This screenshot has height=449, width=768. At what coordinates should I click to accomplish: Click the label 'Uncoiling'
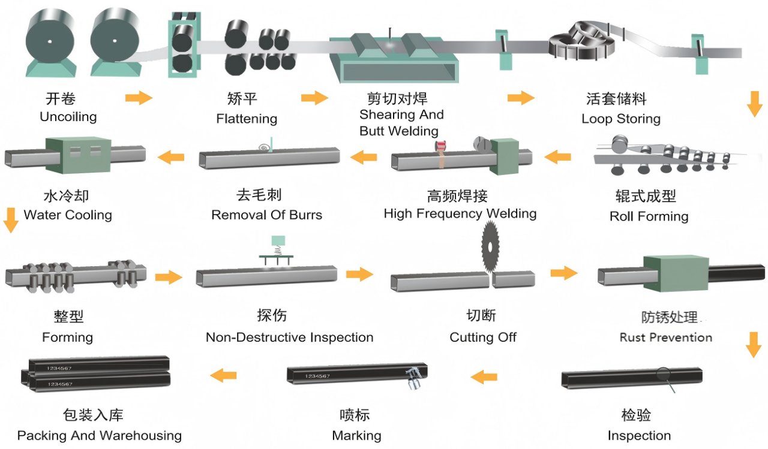[68, 117]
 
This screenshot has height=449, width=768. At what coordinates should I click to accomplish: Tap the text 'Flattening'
[247, 119]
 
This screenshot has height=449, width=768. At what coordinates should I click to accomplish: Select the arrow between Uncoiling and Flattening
[139, 98]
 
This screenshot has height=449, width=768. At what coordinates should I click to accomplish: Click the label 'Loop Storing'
[620, 119]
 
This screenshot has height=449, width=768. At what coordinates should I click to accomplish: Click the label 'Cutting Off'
[482, 337]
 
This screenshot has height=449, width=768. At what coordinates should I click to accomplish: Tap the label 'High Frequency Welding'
[460, 213]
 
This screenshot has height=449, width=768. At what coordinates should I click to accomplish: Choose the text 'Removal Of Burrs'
[266, 215]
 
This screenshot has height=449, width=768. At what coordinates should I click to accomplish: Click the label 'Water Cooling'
[68, 215]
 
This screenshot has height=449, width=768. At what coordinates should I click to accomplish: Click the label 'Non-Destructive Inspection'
[289, 337]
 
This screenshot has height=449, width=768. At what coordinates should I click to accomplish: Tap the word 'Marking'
[356, 435]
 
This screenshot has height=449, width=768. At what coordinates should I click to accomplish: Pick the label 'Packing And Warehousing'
[99, 435]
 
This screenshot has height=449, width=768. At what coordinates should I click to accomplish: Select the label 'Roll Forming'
[649, 216]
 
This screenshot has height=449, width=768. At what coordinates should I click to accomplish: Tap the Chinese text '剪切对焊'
[397, 98]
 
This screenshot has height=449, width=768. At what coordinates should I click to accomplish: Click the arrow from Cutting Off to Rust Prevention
[564, 273]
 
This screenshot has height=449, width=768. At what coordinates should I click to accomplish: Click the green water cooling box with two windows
[77, 155]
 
